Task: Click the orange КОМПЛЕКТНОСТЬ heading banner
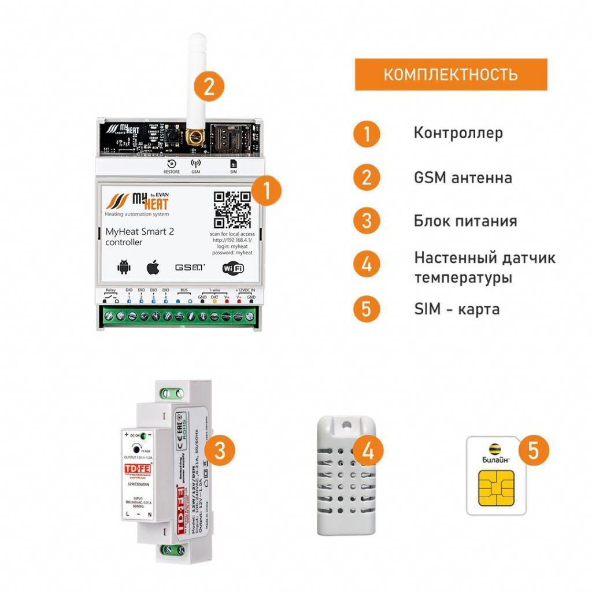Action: tap(450, 74)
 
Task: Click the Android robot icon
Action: tap(124, 267)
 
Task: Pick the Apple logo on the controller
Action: tap(152, 267)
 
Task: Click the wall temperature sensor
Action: tap(346, 475)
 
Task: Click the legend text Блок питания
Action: tap(465, 221)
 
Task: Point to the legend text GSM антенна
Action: tap(462, 177)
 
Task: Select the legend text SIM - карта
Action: tap(457, 309)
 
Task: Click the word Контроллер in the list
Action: tap(458, 132)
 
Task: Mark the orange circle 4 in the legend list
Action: tap(367, 265)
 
